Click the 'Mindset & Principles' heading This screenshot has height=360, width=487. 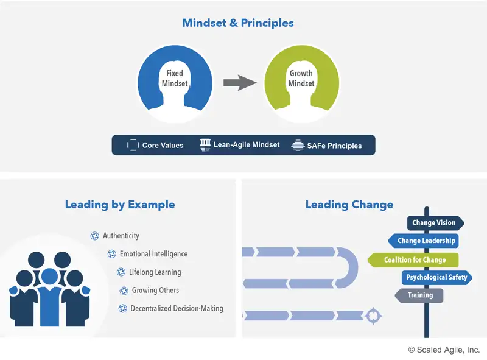pyautogui.click(x=238, y=23)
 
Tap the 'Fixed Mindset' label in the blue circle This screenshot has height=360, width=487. pyautogui.click(x=175, y=79)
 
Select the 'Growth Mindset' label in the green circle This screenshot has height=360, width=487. pyautogui.click(x=301, y=79)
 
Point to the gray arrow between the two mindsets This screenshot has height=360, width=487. pyautogui.click(x=240, y=83)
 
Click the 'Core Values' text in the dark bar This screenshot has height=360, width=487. pyautogui.click(x=163, y=145)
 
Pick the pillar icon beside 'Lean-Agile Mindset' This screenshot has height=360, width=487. pyautogui.click(x=205, y=145)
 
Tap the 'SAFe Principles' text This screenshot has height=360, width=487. pyautogui.click(x=334, y=146)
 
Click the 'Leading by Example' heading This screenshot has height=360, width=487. pyautogui.click(x=120, y=205)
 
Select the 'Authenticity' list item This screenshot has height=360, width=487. pyautogui.click(x=121, y=236)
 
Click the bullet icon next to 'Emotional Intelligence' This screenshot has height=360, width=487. pyautogui.click(x=111, y=254)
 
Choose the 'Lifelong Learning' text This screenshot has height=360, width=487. pyautogui.click(x=155, y=272)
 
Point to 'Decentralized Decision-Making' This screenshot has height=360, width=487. pyautogui.click(x=177, y=308)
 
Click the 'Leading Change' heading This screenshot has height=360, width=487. pyautogui.click(x=349, y=205)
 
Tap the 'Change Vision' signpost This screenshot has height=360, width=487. pyautogui.click(x=435, y=223)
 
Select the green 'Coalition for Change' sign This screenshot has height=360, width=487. pyautogui.click(x=413, y=260)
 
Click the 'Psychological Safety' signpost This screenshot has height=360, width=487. pyautogui.click(x=436, y=277)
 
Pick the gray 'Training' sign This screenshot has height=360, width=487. pyautogui.click(x=419, y=295)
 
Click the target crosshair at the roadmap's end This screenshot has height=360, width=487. pyautogui.click(x=373, y=316)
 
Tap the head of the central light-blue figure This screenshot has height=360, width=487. pyautogui.click(x=50, y=277)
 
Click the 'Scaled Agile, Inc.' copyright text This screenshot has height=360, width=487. pyautogui.click(x=444, y=350)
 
